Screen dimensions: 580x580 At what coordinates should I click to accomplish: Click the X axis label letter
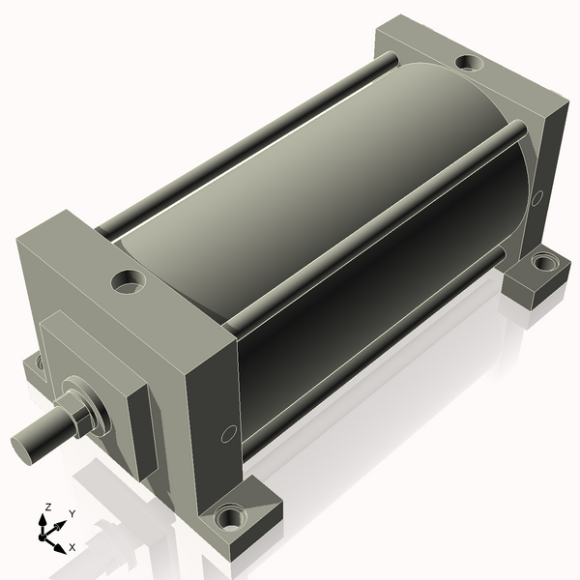tap(72, 547)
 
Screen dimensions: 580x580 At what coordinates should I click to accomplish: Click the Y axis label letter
tap(72, 514)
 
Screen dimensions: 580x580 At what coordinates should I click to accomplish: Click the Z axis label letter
tap(47, 507)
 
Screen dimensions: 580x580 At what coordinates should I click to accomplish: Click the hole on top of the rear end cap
tap(470, 62)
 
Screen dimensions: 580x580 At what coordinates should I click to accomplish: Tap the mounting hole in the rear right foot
tap(543, 262)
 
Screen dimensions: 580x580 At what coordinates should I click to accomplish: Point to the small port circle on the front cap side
tap(228, 434)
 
